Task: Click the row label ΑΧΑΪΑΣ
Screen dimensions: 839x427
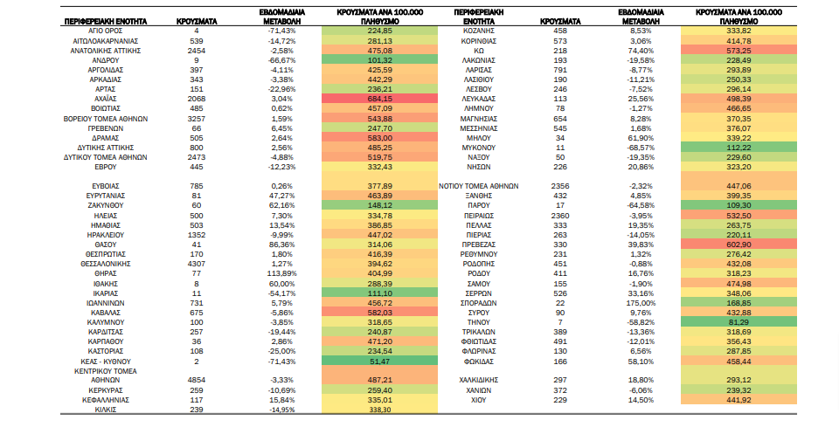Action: tap(106, 99)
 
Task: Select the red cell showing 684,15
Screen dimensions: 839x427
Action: tap(380, 99)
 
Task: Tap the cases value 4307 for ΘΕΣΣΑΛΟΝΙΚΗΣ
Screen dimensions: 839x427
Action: tap(197, 264)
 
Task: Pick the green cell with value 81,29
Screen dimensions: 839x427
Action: tap(739, 322)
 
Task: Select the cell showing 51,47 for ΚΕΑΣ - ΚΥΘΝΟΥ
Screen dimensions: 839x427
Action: tap(380, 362)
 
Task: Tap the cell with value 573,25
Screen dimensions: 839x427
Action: tap(739, 51)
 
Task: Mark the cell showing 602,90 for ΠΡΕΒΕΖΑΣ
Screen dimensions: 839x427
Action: tap(739, 244)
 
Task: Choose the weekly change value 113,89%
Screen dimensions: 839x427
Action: tap(282, 273)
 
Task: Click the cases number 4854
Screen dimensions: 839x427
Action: tap(197, 381)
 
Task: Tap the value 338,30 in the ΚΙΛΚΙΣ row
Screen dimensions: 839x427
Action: tap(380, 410)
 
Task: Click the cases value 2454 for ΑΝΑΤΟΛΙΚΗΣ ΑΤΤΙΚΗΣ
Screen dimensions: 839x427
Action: tap(197, 51)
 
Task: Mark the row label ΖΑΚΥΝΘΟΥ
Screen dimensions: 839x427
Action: tap(106, 206)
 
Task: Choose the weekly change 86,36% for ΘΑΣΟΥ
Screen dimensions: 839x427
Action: tap(282, 244)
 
